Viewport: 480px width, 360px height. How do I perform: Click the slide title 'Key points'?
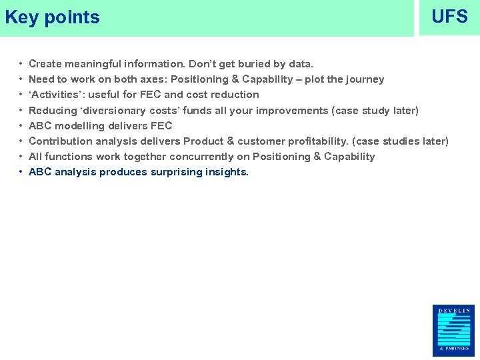[x=52, y=17]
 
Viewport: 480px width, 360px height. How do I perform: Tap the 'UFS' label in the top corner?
[x=449, y=17]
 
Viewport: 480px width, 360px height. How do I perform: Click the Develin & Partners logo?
[x=453, y=331]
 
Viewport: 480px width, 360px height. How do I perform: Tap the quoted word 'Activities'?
[x=55, y=95]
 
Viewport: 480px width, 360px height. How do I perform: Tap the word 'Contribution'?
[x=58, y=141]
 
